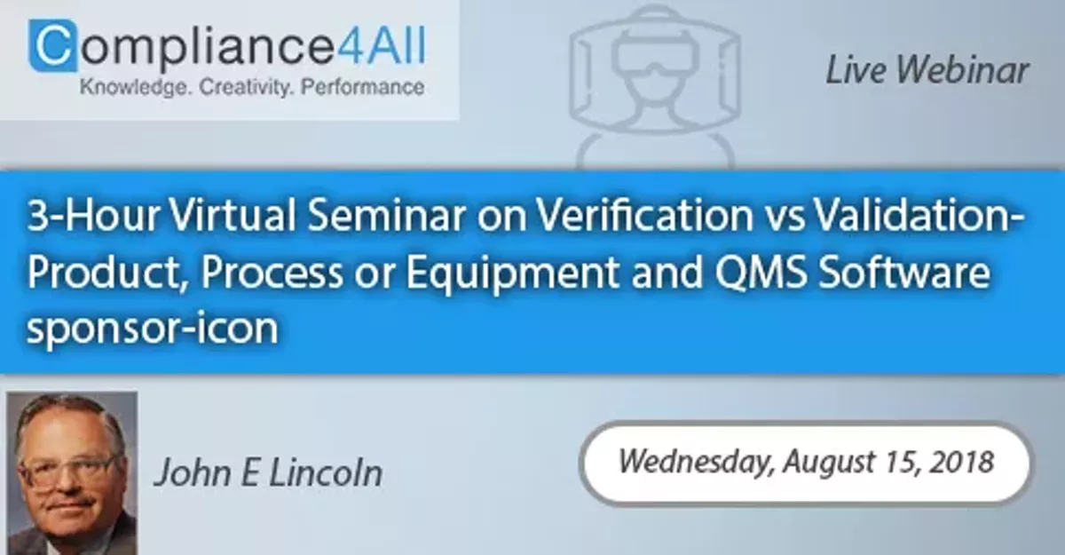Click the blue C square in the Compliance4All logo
point(52,46)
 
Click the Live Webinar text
point(927,71)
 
